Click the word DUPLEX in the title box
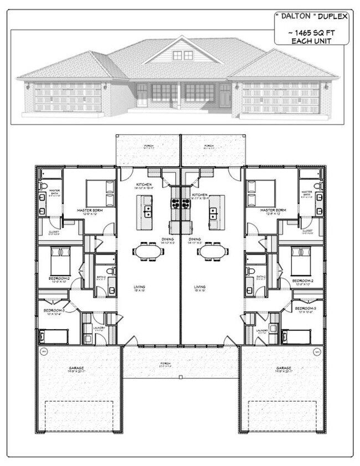[x=331, y=16]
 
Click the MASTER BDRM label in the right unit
[x=273, y=211]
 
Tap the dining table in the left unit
[x=148, y=252]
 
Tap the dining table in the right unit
[x=213, y=252]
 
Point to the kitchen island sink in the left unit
[x=148, y=211]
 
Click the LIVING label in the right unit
[x=200, y=287]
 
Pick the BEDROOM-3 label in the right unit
[x=305, y=308]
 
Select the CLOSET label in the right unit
[x=307, y=231]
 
